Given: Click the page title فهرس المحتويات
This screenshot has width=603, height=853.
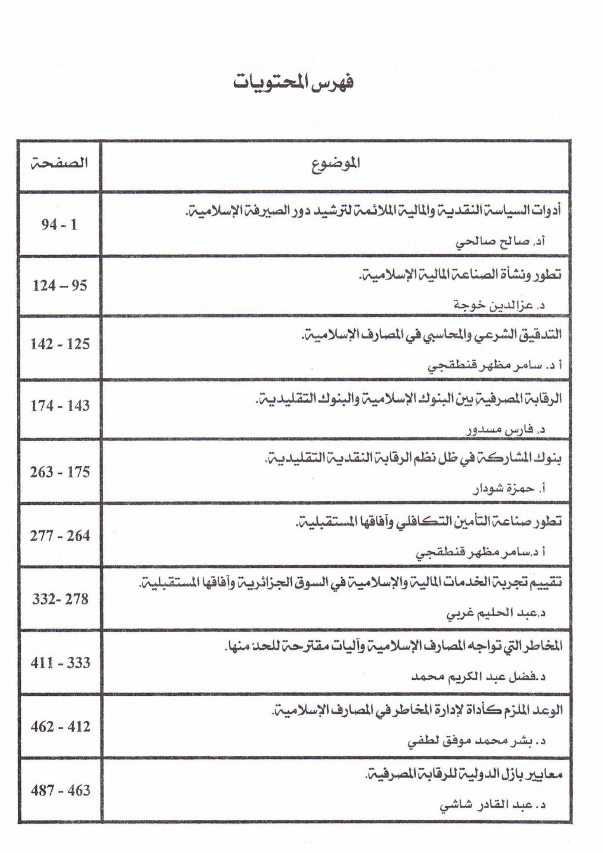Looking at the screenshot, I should click(x=293, y=83).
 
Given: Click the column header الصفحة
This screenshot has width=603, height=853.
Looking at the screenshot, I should click(x=59, y=164).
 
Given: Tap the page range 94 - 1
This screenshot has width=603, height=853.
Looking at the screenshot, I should click(x=59, y=225).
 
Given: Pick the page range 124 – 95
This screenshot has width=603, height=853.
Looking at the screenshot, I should click(x=60, y=286).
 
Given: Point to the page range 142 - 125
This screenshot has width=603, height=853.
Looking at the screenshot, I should click(x=60, y=344).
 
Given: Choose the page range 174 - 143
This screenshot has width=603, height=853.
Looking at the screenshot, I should click(x=60, y=405).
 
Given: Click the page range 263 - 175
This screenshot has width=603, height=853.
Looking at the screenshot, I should click(x=60, y=472).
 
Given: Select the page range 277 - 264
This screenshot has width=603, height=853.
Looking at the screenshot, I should click(x=60, y=536).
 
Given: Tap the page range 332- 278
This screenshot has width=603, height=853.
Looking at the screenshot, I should click(x=60, y=599).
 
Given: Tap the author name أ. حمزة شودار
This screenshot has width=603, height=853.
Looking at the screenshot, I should click(x=508, y=490).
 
